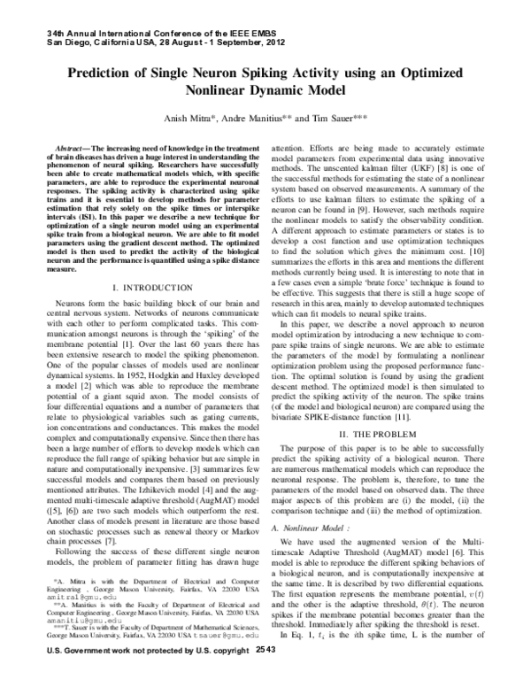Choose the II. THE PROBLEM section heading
[386, 436]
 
